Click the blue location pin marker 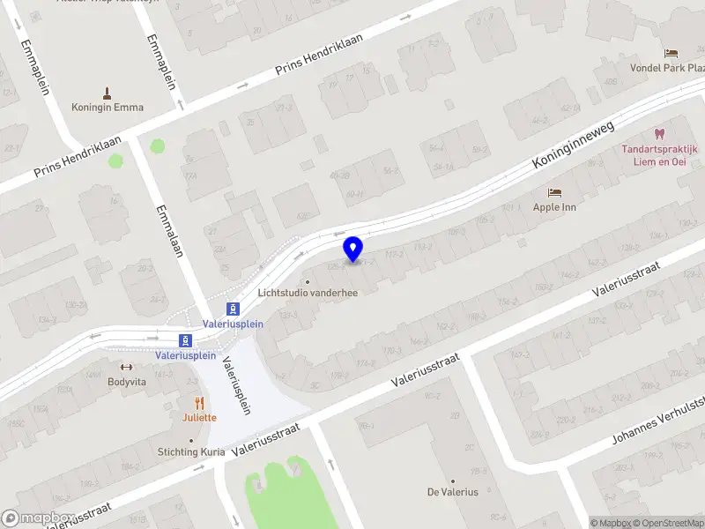click(x=353, y=250)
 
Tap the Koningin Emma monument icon click(x=108, y=93)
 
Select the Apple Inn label click(x=554, y=207)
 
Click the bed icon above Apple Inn click(x=554, y=192)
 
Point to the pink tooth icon click(x=657, y=134)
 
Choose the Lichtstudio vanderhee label click(x=308, y=294)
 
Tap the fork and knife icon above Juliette click(x=200, y=403)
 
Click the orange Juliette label click(x=200, y=418)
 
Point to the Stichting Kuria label click(x=192, y=452)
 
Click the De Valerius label click(x=453, y=492)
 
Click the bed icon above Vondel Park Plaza click(x=672, y=53)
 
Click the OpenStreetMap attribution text click(x=665, y=523)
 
